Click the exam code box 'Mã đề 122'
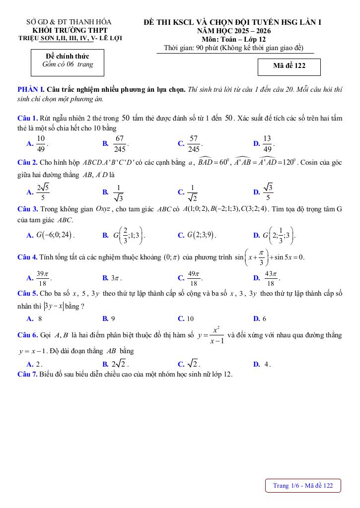click(x=289, y=66)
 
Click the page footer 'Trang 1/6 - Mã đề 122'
click(x=303, y=485)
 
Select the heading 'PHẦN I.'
click(x=31, y=89)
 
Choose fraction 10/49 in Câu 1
click(x=41, y=143)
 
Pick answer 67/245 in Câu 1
click(x=119, y=143)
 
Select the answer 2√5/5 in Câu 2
click(x=43, y=191)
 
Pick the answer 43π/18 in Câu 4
click(x=270, y=278)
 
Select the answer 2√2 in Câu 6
click(x=120, y=364)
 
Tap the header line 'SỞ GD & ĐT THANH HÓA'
click(x=69, y=22)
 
